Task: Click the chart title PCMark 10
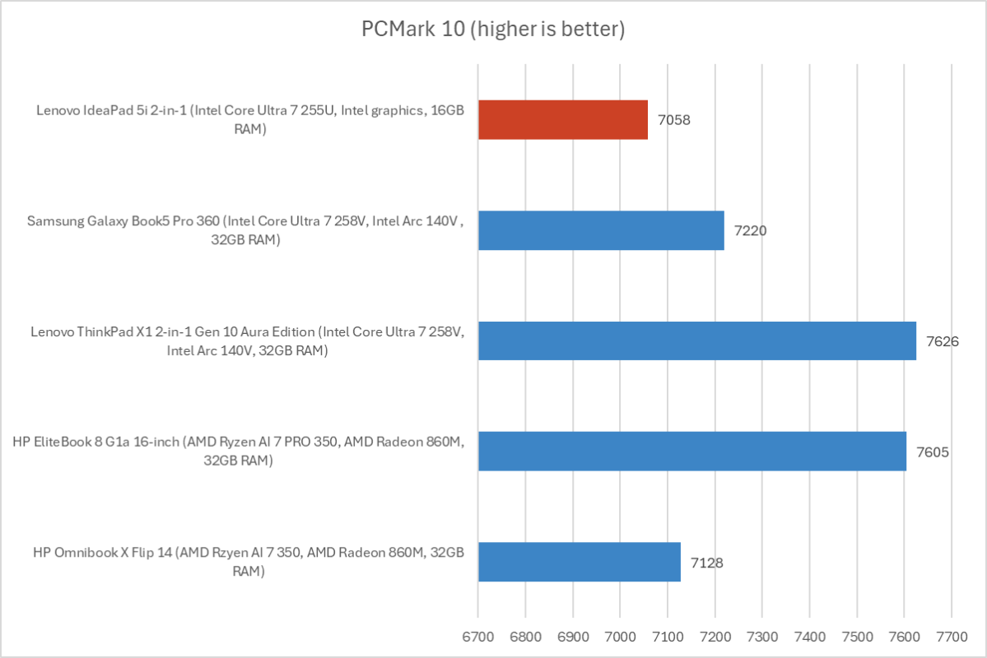tap(493, 30)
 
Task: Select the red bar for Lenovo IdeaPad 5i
tap(562, 119)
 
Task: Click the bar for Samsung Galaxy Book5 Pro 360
tap(601, 230)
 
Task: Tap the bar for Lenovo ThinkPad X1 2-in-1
tap(696, 341)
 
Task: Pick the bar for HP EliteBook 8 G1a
tap(691, 451)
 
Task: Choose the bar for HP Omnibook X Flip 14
tap(579, 562)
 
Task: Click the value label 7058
tap(673, 120)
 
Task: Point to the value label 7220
tap(750, 230)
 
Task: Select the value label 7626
tap(942, 341)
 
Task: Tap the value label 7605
tap(932, 452)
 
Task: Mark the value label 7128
tap(706, 562)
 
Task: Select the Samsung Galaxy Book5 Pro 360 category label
tap(247, 230)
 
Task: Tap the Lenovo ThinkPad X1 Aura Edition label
tap(247, 341)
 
